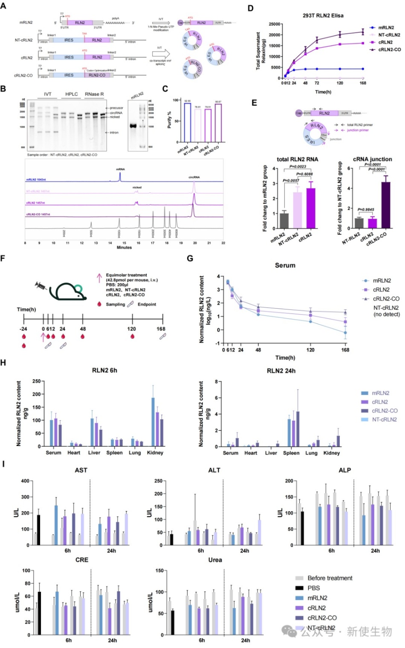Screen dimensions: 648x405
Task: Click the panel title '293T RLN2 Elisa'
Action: (323, 15)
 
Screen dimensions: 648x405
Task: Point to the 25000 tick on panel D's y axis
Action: (275, 24)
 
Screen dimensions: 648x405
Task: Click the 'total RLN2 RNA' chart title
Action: (297, 159)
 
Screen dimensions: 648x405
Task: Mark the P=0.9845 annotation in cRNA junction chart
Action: (366, 209)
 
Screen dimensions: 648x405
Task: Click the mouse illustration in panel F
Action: (68, 292)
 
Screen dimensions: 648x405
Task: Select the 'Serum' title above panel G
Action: (285, 265)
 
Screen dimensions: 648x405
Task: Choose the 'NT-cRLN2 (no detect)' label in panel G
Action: (386, 311)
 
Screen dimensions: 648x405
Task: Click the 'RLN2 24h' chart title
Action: (281, 370)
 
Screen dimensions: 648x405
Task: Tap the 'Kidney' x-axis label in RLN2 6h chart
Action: (155, 453)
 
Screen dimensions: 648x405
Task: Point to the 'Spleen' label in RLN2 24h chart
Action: (291, 453)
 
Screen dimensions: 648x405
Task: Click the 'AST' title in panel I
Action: (81, 470)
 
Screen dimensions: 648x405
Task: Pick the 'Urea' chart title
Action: (215, 560)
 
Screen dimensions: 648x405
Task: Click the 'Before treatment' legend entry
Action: (330, 578)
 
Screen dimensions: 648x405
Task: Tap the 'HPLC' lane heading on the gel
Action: (72, 94)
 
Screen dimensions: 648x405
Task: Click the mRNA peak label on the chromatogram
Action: (120, 169)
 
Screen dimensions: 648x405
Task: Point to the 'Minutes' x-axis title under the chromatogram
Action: (124, 247)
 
